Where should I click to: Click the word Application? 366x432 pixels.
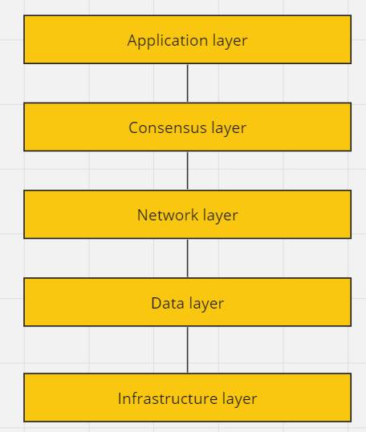168,41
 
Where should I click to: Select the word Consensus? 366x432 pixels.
168,128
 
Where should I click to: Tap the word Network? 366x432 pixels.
168,215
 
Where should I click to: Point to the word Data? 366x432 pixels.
168,303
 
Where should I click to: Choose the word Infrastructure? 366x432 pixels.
168,398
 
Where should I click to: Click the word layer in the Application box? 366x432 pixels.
230,42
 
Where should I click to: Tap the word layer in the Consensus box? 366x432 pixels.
229,129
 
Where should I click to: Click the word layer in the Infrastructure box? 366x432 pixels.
240,399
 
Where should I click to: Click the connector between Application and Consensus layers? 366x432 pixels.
188,83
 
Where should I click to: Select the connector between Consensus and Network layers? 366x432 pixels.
188,171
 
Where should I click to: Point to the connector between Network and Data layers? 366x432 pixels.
188,258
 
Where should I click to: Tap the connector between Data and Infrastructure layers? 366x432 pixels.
188,349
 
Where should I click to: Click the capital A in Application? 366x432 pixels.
132,41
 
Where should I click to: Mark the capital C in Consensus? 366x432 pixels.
133,128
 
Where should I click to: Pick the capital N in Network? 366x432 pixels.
142,215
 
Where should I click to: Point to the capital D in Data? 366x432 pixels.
156,303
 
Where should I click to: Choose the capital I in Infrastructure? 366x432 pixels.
120,398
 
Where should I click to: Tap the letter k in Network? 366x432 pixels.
195,215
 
